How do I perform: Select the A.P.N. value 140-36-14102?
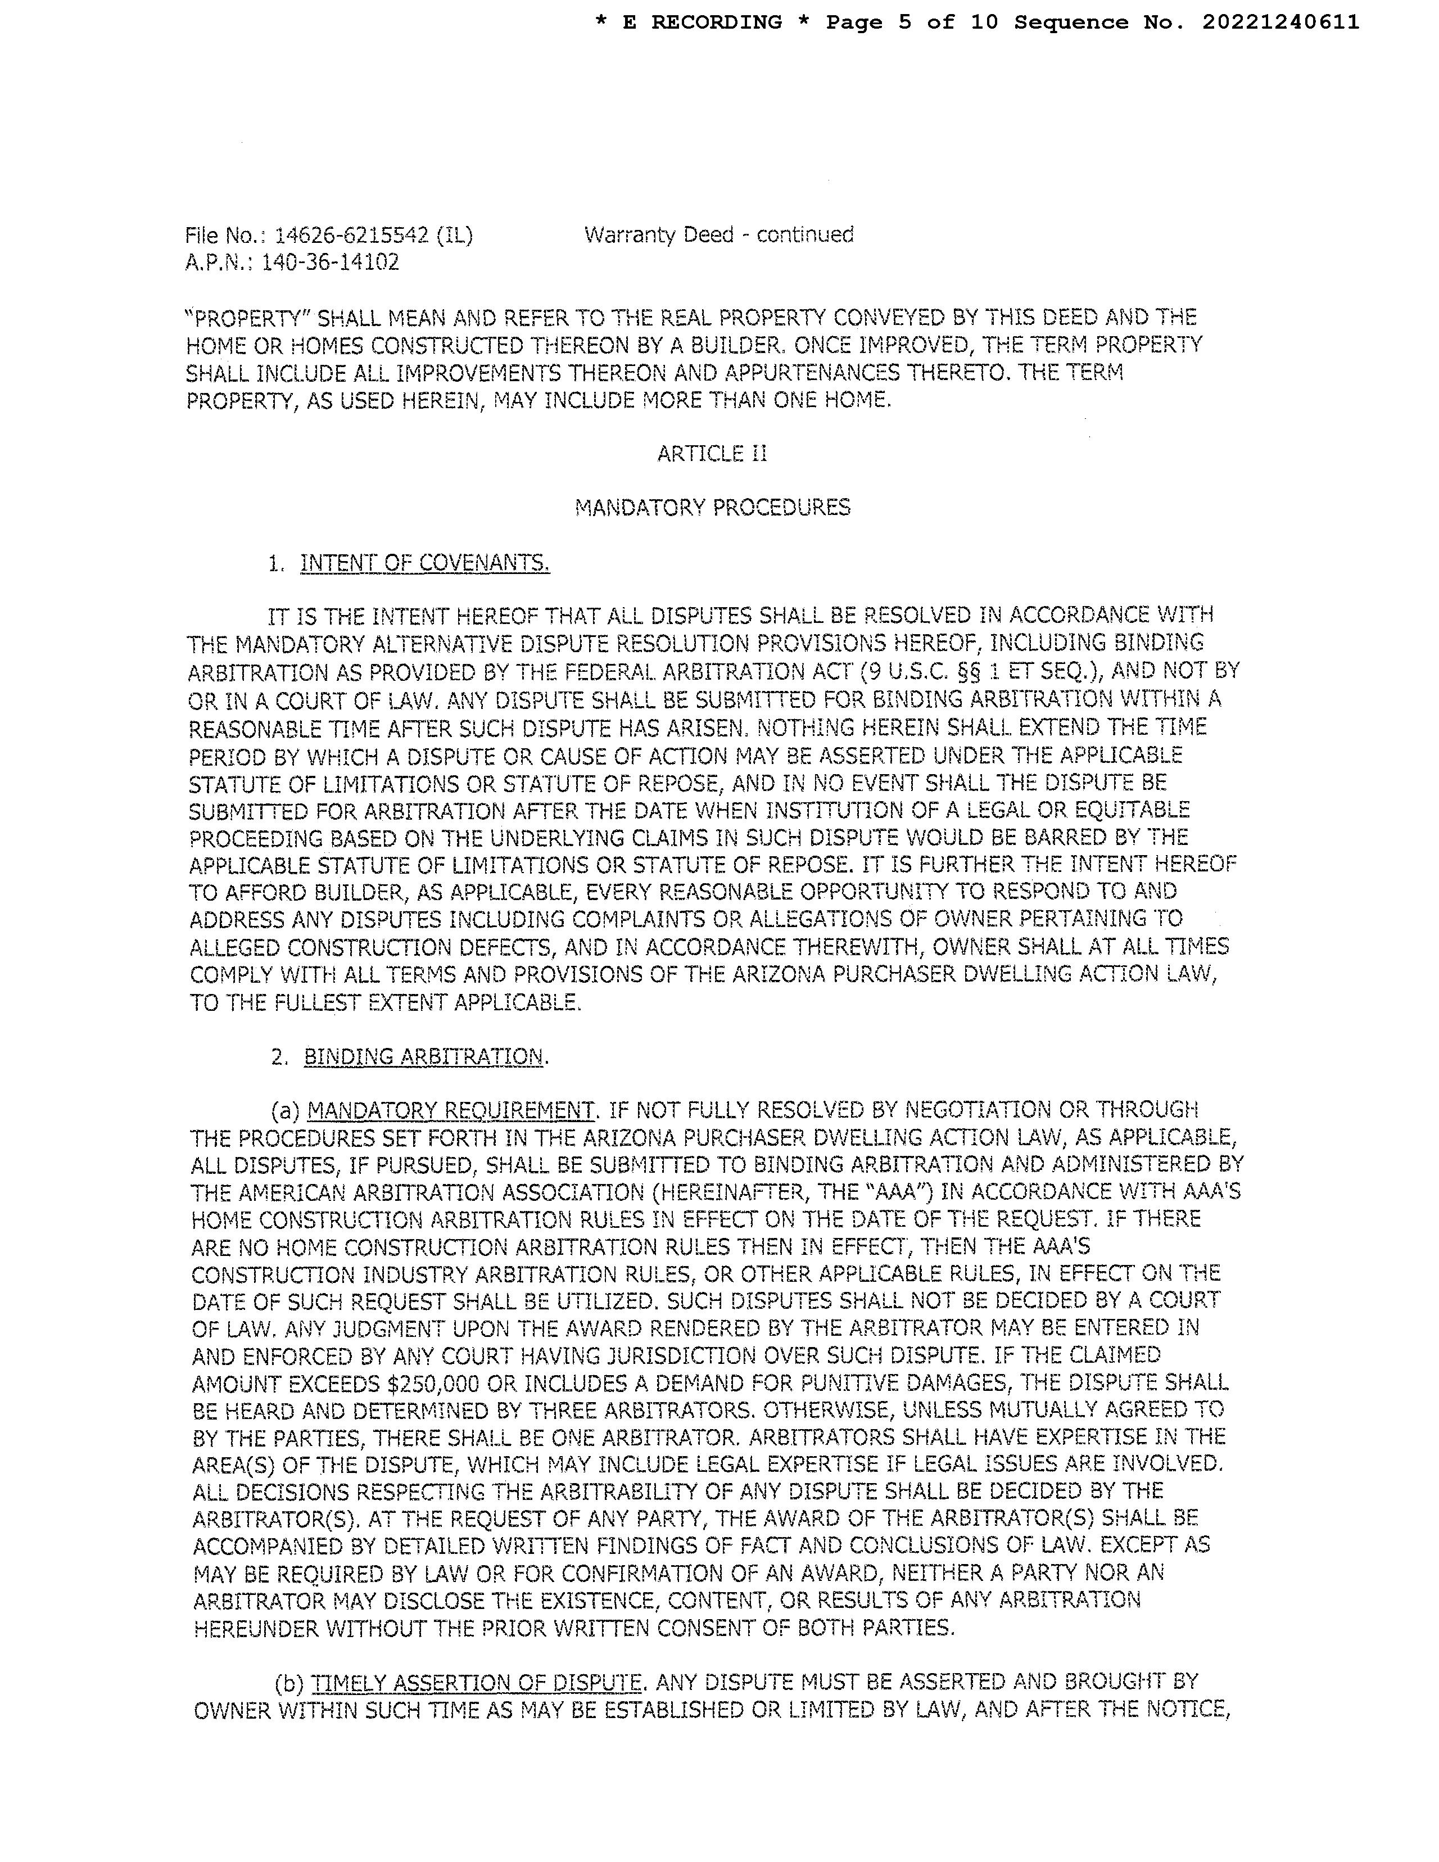330,263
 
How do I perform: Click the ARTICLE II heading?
712,454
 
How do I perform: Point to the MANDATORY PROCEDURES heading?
713,508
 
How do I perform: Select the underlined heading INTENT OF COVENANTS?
424,563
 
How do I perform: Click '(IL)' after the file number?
454,236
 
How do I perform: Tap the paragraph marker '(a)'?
286,1110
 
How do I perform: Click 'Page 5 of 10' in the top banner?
911,22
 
